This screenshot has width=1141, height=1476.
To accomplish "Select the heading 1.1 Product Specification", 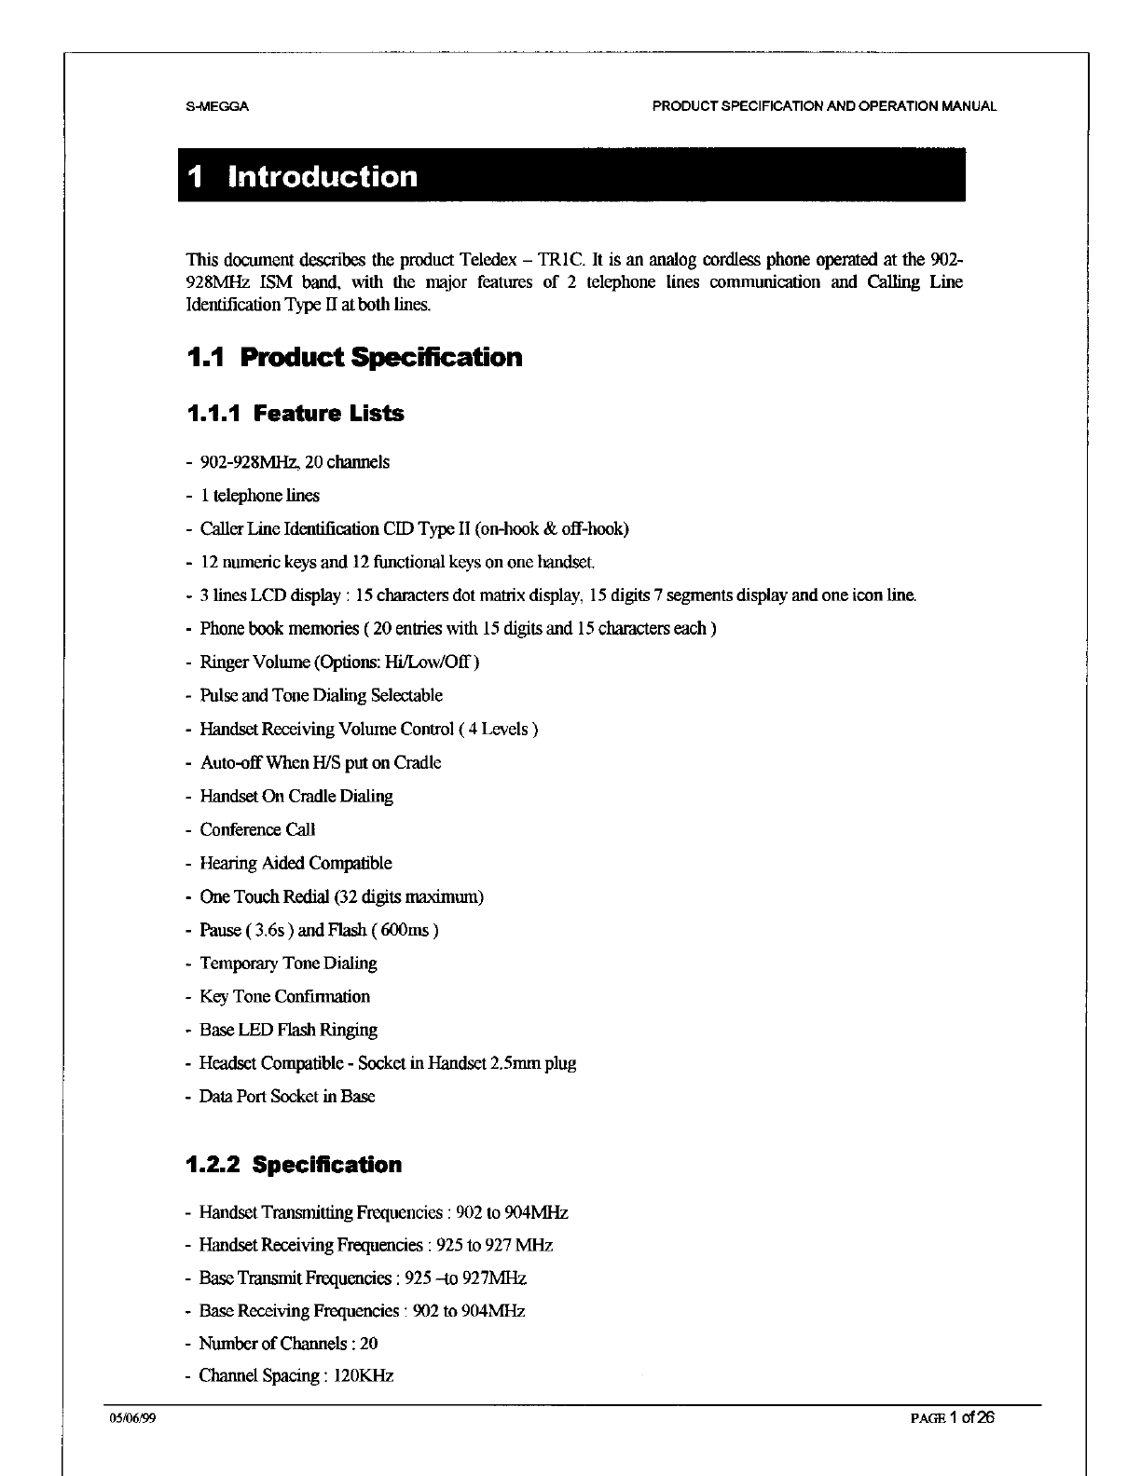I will tap(354, 358).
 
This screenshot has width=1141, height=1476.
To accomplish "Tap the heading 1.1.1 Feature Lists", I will tap(296, 414).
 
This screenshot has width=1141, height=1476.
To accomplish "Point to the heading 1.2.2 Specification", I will tap(294, 1165).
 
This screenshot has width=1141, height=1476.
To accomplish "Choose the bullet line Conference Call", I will tap(257, 829).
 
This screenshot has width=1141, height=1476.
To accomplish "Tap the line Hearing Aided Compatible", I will tap(296, 863).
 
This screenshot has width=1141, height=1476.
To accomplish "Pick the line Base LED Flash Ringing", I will tap(288, 1030).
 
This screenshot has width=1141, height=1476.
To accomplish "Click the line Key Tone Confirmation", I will tap(284, 996).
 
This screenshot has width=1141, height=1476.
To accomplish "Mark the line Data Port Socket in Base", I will tap(287, 1097).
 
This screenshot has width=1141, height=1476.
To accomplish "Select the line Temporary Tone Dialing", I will tap(288, 963).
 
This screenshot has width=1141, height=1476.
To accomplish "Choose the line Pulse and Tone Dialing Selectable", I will tap(321, 695).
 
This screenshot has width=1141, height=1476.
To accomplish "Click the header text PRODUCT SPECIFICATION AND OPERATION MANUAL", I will tap(824, 106).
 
